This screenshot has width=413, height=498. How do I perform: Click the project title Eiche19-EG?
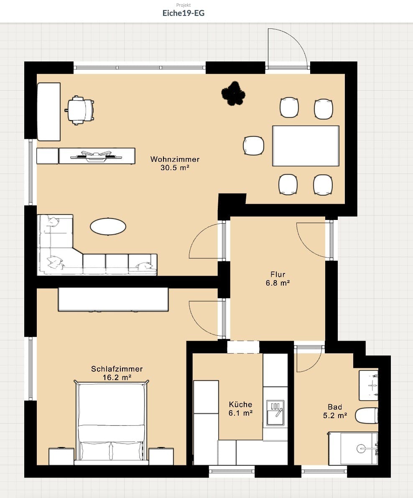click(183, 13)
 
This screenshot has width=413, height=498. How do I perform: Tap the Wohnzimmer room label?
click(175, 159)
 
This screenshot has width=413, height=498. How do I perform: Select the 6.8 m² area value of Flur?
click(278, 283)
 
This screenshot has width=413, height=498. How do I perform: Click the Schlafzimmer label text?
click(117, 369)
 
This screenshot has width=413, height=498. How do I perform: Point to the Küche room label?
click(240, 404)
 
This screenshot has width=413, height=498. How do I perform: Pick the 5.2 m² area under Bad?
click(335, 416)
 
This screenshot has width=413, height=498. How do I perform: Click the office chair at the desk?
click(79, 110)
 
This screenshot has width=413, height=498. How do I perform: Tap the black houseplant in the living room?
click(232, 93)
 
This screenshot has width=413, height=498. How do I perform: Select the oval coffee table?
click(108, 227)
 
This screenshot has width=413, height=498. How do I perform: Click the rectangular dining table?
click(306, 146)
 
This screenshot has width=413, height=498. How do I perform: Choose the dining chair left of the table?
click(253, 146)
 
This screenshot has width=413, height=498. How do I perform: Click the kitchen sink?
click(275, 413)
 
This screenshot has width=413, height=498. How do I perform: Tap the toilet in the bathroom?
click(367, 415)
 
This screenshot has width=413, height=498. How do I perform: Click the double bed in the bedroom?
click(111, 422)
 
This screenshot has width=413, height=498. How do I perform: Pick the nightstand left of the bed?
click(61, 456)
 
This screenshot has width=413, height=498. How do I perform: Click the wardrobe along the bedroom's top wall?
click(113, 299)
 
